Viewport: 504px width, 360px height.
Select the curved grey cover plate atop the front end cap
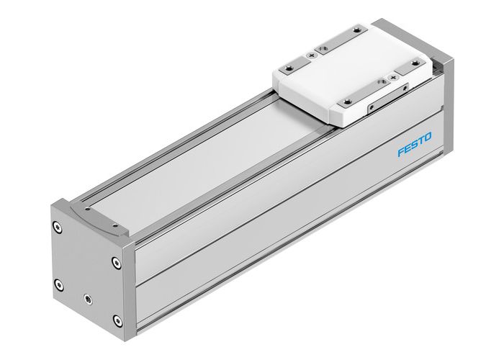coord(94,217)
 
